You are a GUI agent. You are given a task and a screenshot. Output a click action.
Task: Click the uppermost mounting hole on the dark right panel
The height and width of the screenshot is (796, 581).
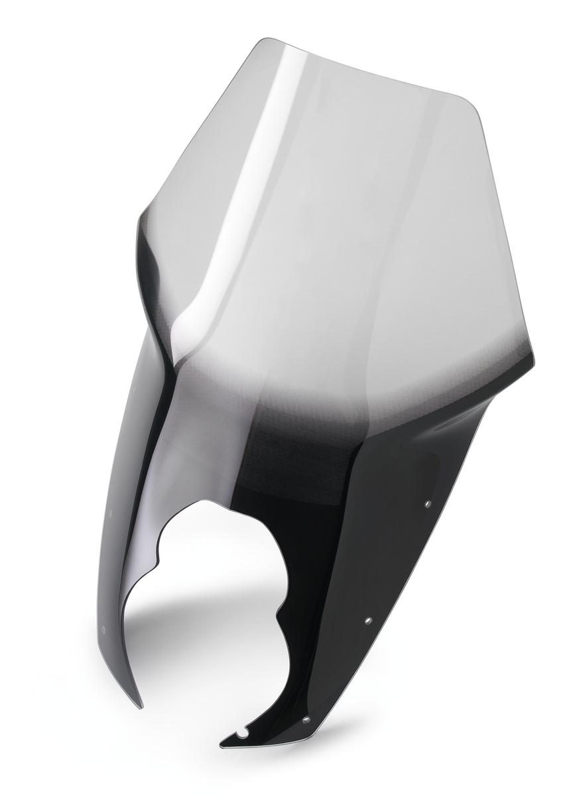[427, 504]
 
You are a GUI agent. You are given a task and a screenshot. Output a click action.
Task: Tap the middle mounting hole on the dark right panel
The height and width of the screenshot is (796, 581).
[368, 621]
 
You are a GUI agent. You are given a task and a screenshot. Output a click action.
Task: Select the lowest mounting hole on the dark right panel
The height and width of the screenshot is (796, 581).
[306, 720]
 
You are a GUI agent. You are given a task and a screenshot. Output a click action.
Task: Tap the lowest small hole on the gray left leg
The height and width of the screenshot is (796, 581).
[103, 628]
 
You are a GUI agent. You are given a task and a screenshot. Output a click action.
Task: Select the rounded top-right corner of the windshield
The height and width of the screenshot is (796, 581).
[472, 106]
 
